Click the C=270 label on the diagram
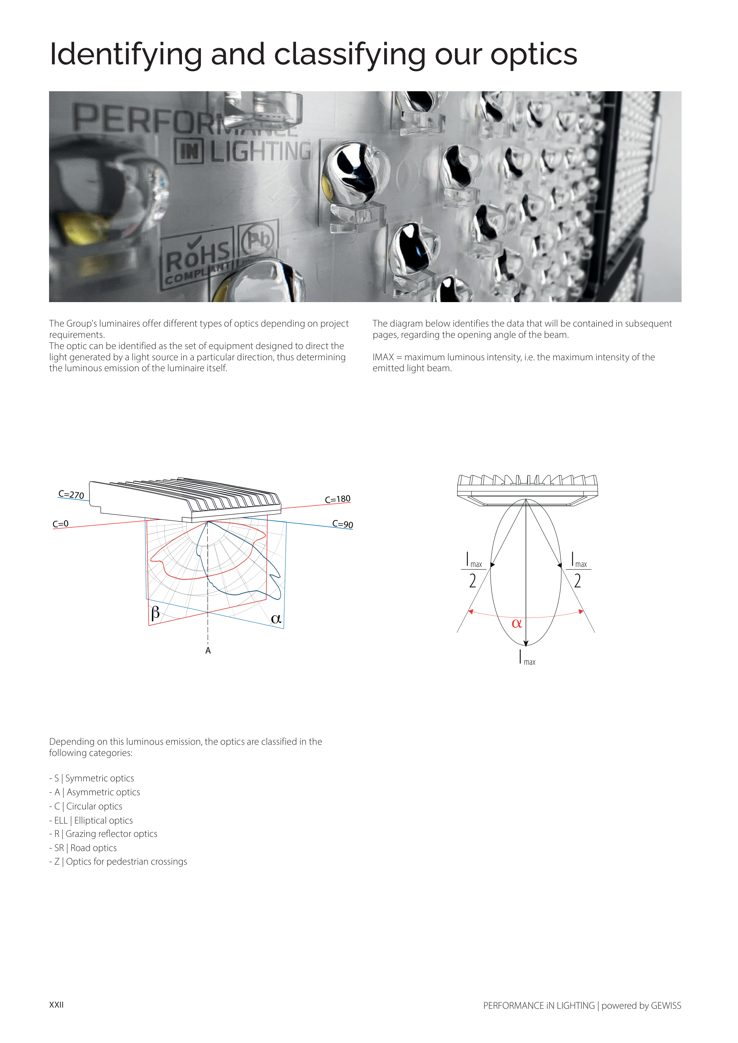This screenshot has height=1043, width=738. [71, 494]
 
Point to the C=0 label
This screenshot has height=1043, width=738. [61, 524]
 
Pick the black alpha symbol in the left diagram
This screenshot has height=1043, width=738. [276, 619]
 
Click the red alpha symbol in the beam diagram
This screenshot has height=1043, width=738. [517, 623]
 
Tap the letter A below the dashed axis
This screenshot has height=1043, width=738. [208, 651]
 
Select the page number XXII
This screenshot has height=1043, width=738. [56, 1005]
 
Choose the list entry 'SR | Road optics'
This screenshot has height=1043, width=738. [83, 848]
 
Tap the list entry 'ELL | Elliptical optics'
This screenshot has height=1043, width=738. [91, 820]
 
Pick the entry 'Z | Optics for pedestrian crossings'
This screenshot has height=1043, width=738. [118, 862]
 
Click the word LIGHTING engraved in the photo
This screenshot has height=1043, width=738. [260, 151]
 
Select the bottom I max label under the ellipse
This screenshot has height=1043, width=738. [527, 658]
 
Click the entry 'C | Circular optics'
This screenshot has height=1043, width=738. [86, 806]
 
